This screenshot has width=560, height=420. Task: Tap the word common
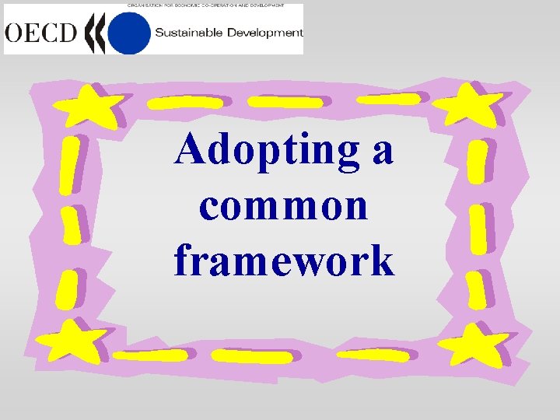283,205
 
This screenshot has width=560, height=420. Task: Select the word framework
284,261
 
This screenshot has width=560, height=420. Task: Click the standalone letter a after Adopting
382,150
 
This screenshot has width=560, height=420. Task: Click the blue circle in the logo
128,33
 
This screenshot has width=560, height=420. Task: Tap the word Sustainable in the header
187,33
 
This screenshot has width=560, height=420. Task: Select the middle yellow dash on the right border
478,229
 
